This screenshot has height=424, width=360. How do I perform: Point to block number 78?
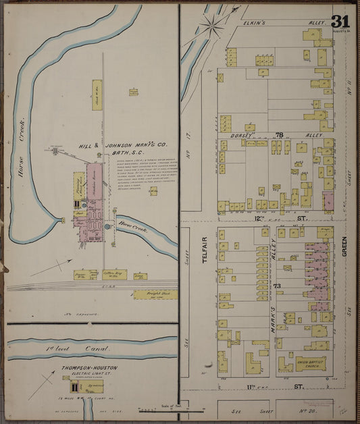click(x=278, y=136)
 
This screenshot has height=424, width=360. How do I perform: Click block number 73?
click(x=277, y=287)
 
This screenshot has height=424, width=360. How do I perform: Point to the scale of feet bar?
click(x=171, y=409)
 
